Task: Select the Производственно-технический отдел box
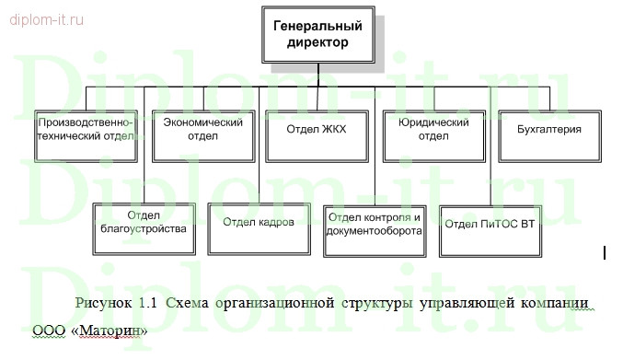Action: pos(87,134)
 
